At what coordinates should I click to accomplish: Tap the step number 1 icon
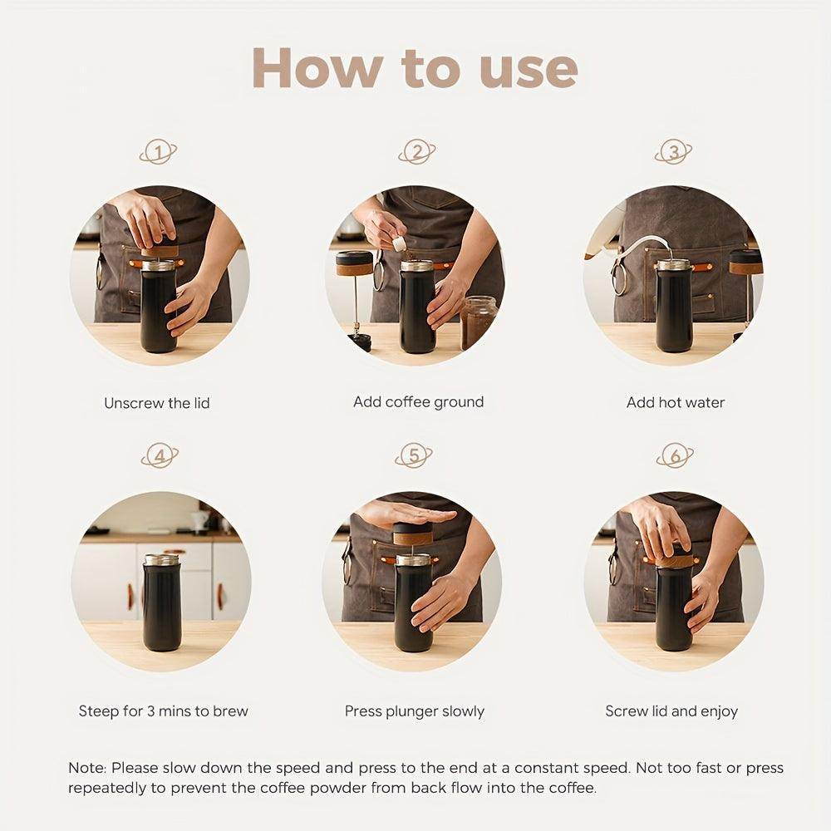(158, 152)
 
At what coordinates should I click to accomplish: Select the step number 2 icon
(416, 152)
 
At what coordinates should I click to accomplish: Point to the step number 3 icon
(673, 152)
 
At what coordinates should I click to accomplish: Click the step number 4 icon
(160, 456)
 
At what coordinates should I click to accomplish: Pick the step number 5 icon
(414, 456)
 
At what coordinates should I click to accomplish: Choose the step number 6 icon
(674, 456)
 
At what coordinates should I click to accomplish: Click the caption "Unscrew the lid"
(157, 403)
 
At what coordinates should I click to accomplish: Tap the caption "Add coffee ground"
(418, 402)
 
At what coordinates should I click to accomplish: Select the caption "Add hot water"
(676, 402)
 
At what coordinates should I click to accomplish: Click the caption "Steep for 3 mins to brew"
(164, 711)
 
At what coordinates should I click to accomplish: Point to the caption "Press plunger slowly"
(415, 711)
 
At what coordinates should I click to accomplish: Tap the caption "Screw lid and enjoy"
(671, 711)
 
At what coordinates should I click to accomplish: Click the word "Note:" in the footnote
(87, 768)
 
